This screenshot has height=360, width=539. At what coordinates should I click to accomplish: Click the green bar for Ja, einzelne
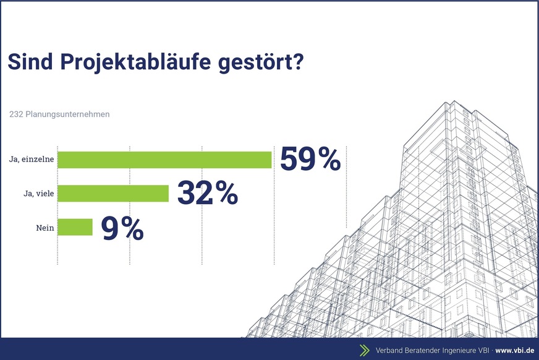(164, 160)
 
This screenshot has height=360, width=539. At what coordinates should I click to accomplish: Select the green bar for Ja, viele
(113, 194)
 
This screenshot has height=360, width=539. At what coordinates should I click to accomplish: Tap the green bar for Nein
(75, 227)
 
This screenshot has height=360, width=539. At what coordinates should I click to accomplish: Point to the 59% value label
(310, 159)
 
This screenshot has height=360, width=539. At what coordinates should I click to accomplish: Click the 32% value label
(208, 193)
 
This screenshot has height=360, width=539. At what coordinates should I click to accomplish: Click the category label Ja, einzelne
(31, 160)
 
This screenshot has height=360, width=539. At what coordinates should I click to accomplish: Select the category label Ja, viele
(36, 194)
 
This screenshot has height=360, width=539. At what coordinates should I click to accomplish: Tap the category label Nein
(45, 228)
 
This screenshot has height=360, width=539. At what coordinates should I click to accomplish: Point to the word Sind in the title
(27, 63)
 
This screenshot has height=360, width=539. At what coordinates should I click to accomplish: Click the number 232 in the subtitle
(16, 114)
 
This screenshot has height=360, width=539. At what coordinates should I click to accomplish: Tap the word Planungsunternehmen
(68, 114)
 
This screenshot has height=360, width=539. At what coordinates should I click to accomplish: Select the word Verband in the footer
(391, 350)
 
